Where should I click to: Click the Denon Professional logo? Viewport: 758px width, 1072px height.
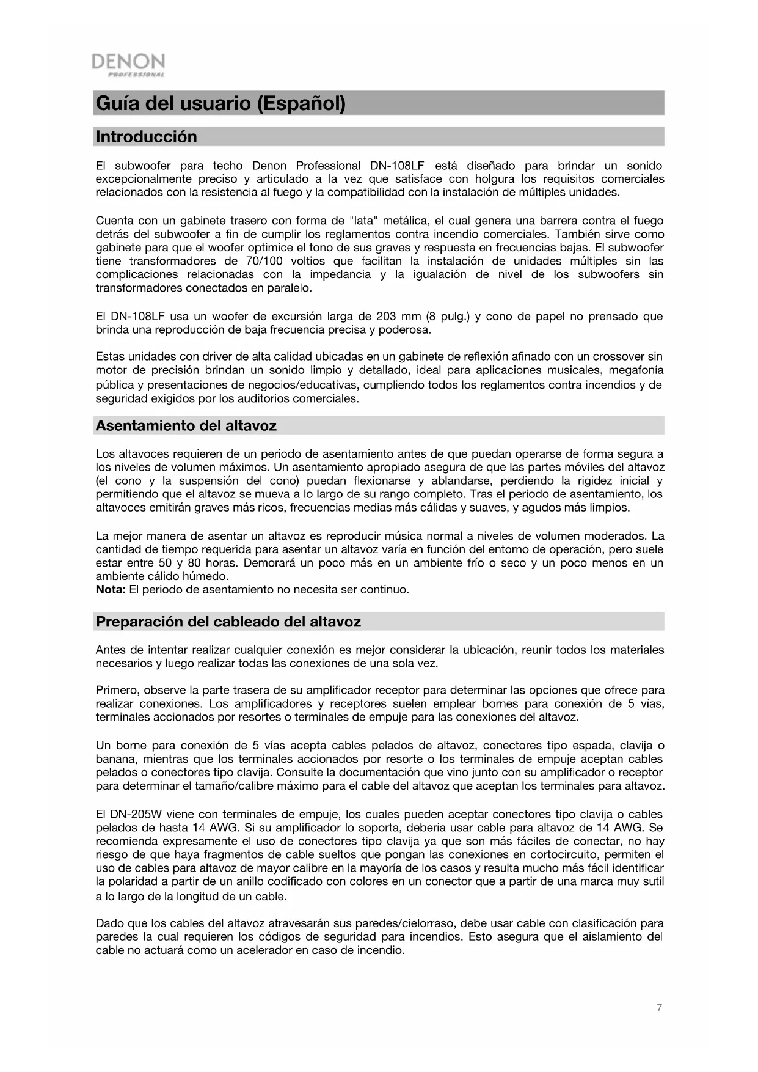point(128,65)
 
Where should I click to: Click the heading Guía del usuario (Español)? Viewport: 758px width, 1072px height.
point(220,103)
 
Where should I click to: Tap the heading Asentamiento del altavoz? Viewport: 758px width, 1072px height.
point(186,425)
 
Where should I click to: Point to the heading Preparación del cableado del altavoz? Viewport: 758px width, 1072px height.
point(228,622)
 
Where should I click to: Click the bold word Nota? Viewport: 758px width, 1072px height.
point(111,590)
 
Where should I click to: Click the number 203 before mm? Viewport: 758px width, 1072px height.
point(386,317)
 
